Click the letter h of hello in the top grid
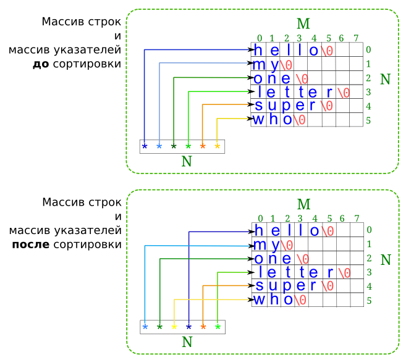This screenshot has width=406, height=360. [258, 51]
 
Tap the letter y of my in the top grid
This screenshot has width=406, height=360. [273, 65]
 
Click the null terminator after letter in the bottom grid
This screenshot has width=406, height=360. [344, 272]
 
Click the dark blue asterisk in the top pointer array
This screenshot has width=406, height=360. [145, 147]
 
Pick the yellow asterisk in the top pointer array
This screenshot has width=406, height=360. [217, 147]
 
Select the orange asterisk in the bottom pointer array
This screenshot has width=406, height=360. [203, 327]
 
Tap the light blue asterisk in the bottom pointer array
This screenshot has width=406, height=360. [145, 327]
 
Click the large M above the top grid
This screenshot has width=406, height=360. [303, 24]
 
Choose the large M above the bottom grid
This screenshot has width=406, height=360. [303, 204]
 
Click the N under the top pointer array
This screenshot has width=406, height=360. [187, 162]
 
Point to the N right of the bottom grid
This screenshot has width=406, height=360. [386, 260]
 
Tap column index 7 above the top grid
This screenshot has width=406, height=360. [356, 38]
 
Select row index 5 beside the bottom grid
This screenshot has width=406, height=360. [369, 301]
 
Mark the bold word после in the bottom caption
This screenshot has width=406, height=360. [31, 245]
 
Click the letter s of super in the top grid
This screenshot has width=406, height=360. [258, 106]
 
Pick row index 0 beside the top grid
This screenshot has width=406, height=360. [368, 50]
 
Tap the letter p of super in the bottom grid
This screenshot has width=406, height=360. [287, 287]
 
